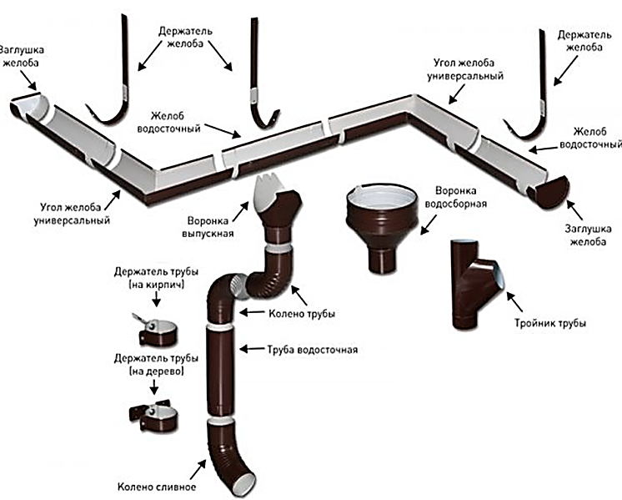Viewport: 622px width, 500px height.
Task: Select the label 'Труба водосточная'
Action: point(312,349)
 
